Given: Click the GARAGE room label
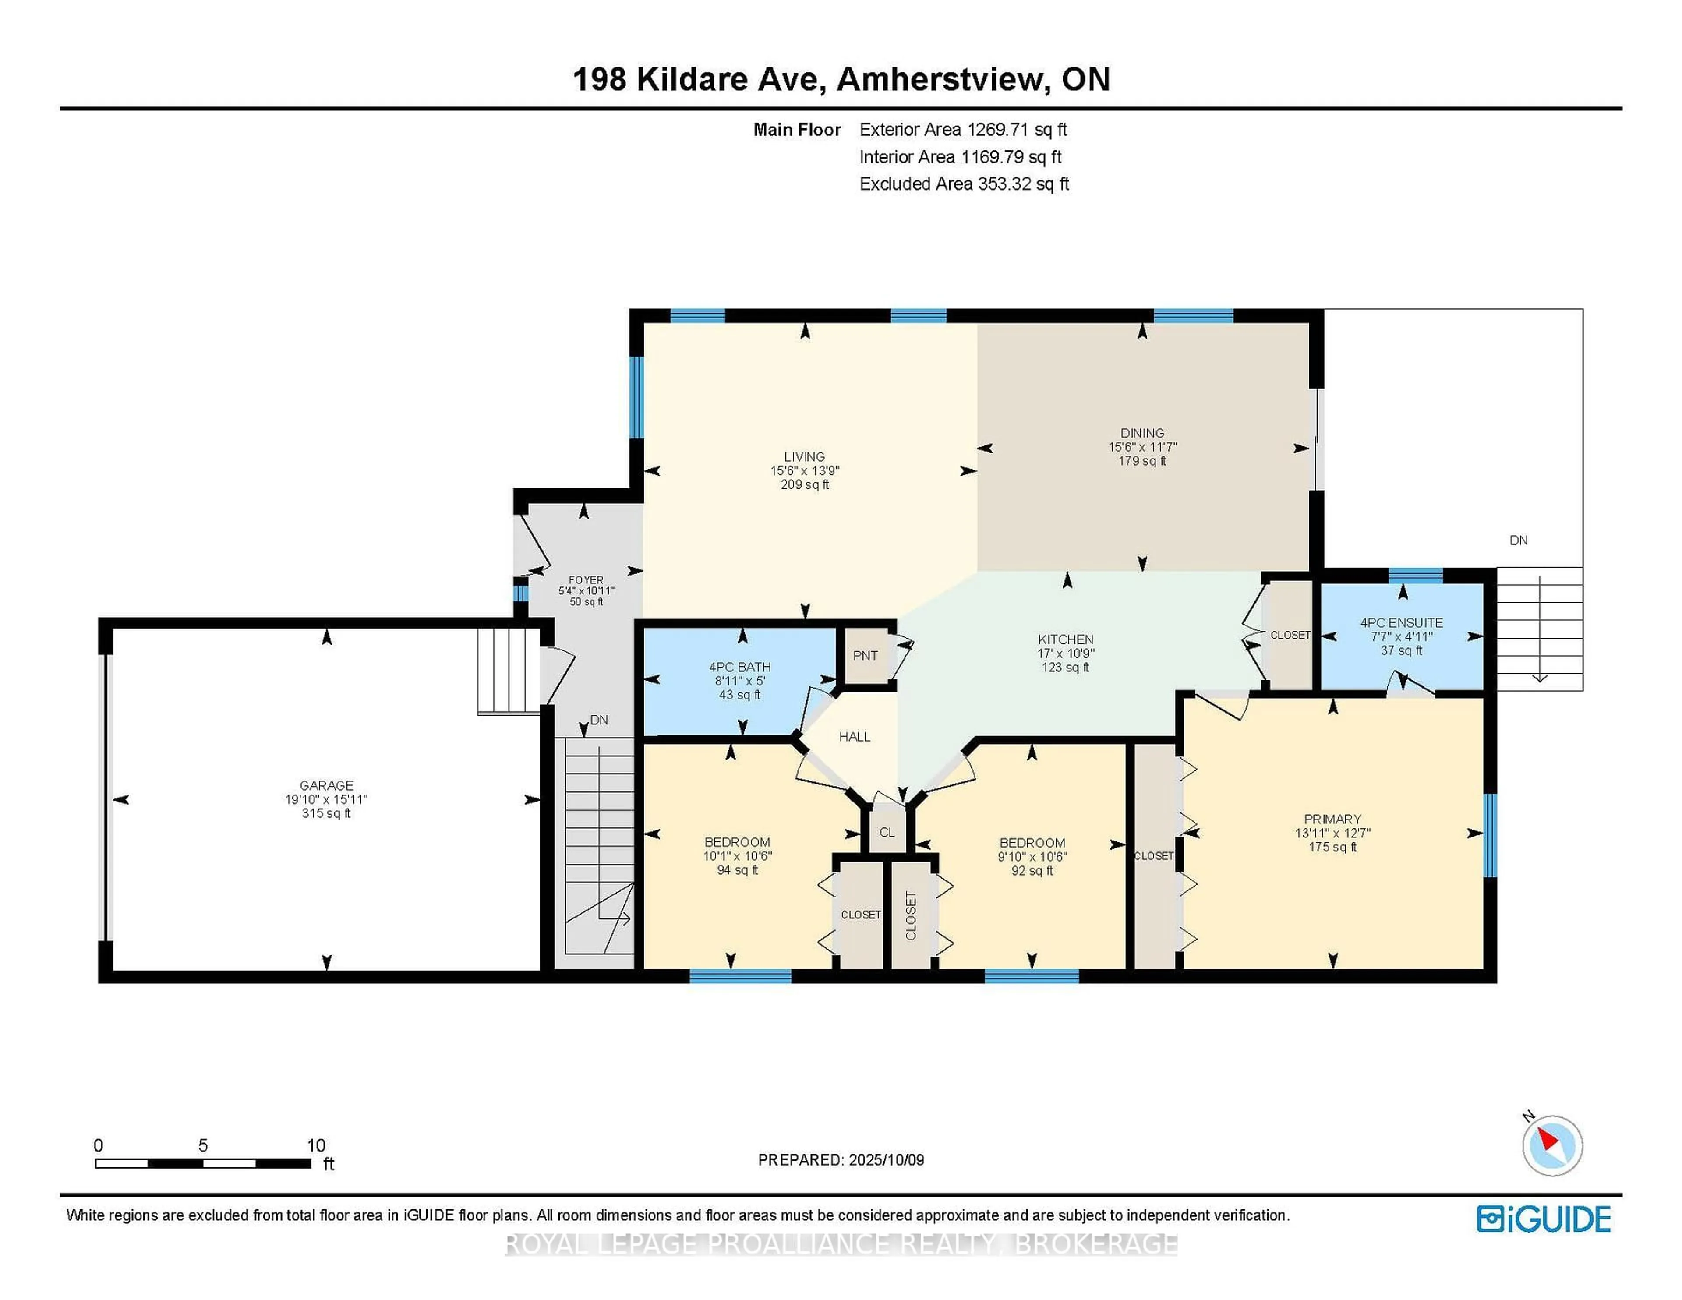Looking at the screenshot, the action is coord(326,785).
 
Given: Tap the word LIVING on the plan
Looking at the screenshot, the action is coord(804,457).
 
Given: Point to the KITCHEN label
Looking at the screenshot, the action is coord(1066,639).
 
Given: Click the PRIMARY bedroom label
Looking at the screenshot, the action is coord(1332,819).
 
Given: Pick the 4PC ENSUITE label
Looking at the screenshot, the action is coord(1402,622).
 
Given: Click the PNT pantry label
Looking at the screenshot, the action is coord(865,655).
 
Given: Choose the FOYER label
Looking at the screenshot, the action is coord(586,580).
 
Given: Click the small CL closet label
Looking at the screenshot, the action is coord(887,833).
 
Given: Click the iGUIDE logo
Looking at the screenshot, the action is coord(1544,1219).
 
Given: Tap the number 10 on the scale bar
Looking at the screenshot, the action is coord(316,1145).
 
